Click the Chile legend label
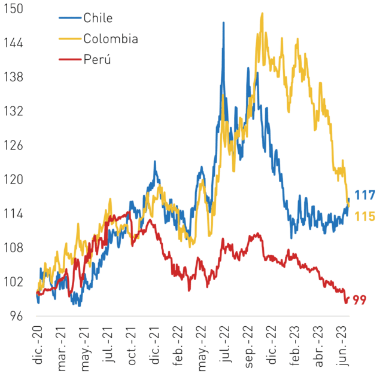98,18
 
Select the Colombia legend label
111,38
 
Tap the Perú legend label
97,59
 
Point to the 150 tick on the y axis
13,9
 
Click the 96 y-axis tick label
17,316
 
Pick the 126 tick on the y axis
13,145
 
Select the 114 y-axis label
13,214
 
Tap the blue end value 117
364,195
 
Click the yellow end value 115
364,216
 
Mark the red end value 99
360,300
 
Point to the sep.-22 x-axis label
249,347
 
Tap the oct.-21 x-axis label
132,345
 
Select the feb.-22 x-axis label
178,346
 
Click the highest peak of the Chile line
223,23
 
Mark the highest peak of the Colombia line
262,13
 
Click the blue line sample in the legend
70,18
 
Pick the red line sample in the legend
70,59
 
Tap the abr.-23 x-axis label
319,346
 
